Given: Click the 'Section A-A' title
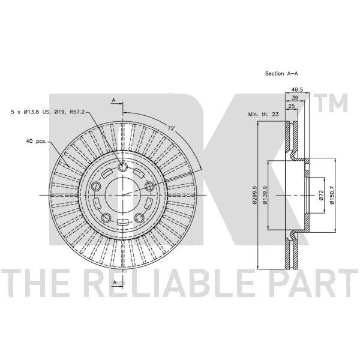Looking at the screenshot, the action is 281,73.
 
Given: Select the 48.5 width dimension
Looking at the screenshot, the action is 297,89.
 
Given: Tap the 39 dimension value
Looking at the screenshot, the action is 295,98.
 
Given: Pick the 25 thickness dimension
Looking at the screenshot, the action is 291,106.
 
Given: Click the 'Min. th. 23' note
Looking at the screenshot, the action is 263,114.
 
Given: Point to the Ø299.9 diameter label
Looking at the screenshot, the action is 254,195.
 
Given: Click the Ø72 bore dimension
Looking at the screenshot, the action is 321,195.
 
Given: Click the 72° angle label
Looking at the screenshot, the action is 171,128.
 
